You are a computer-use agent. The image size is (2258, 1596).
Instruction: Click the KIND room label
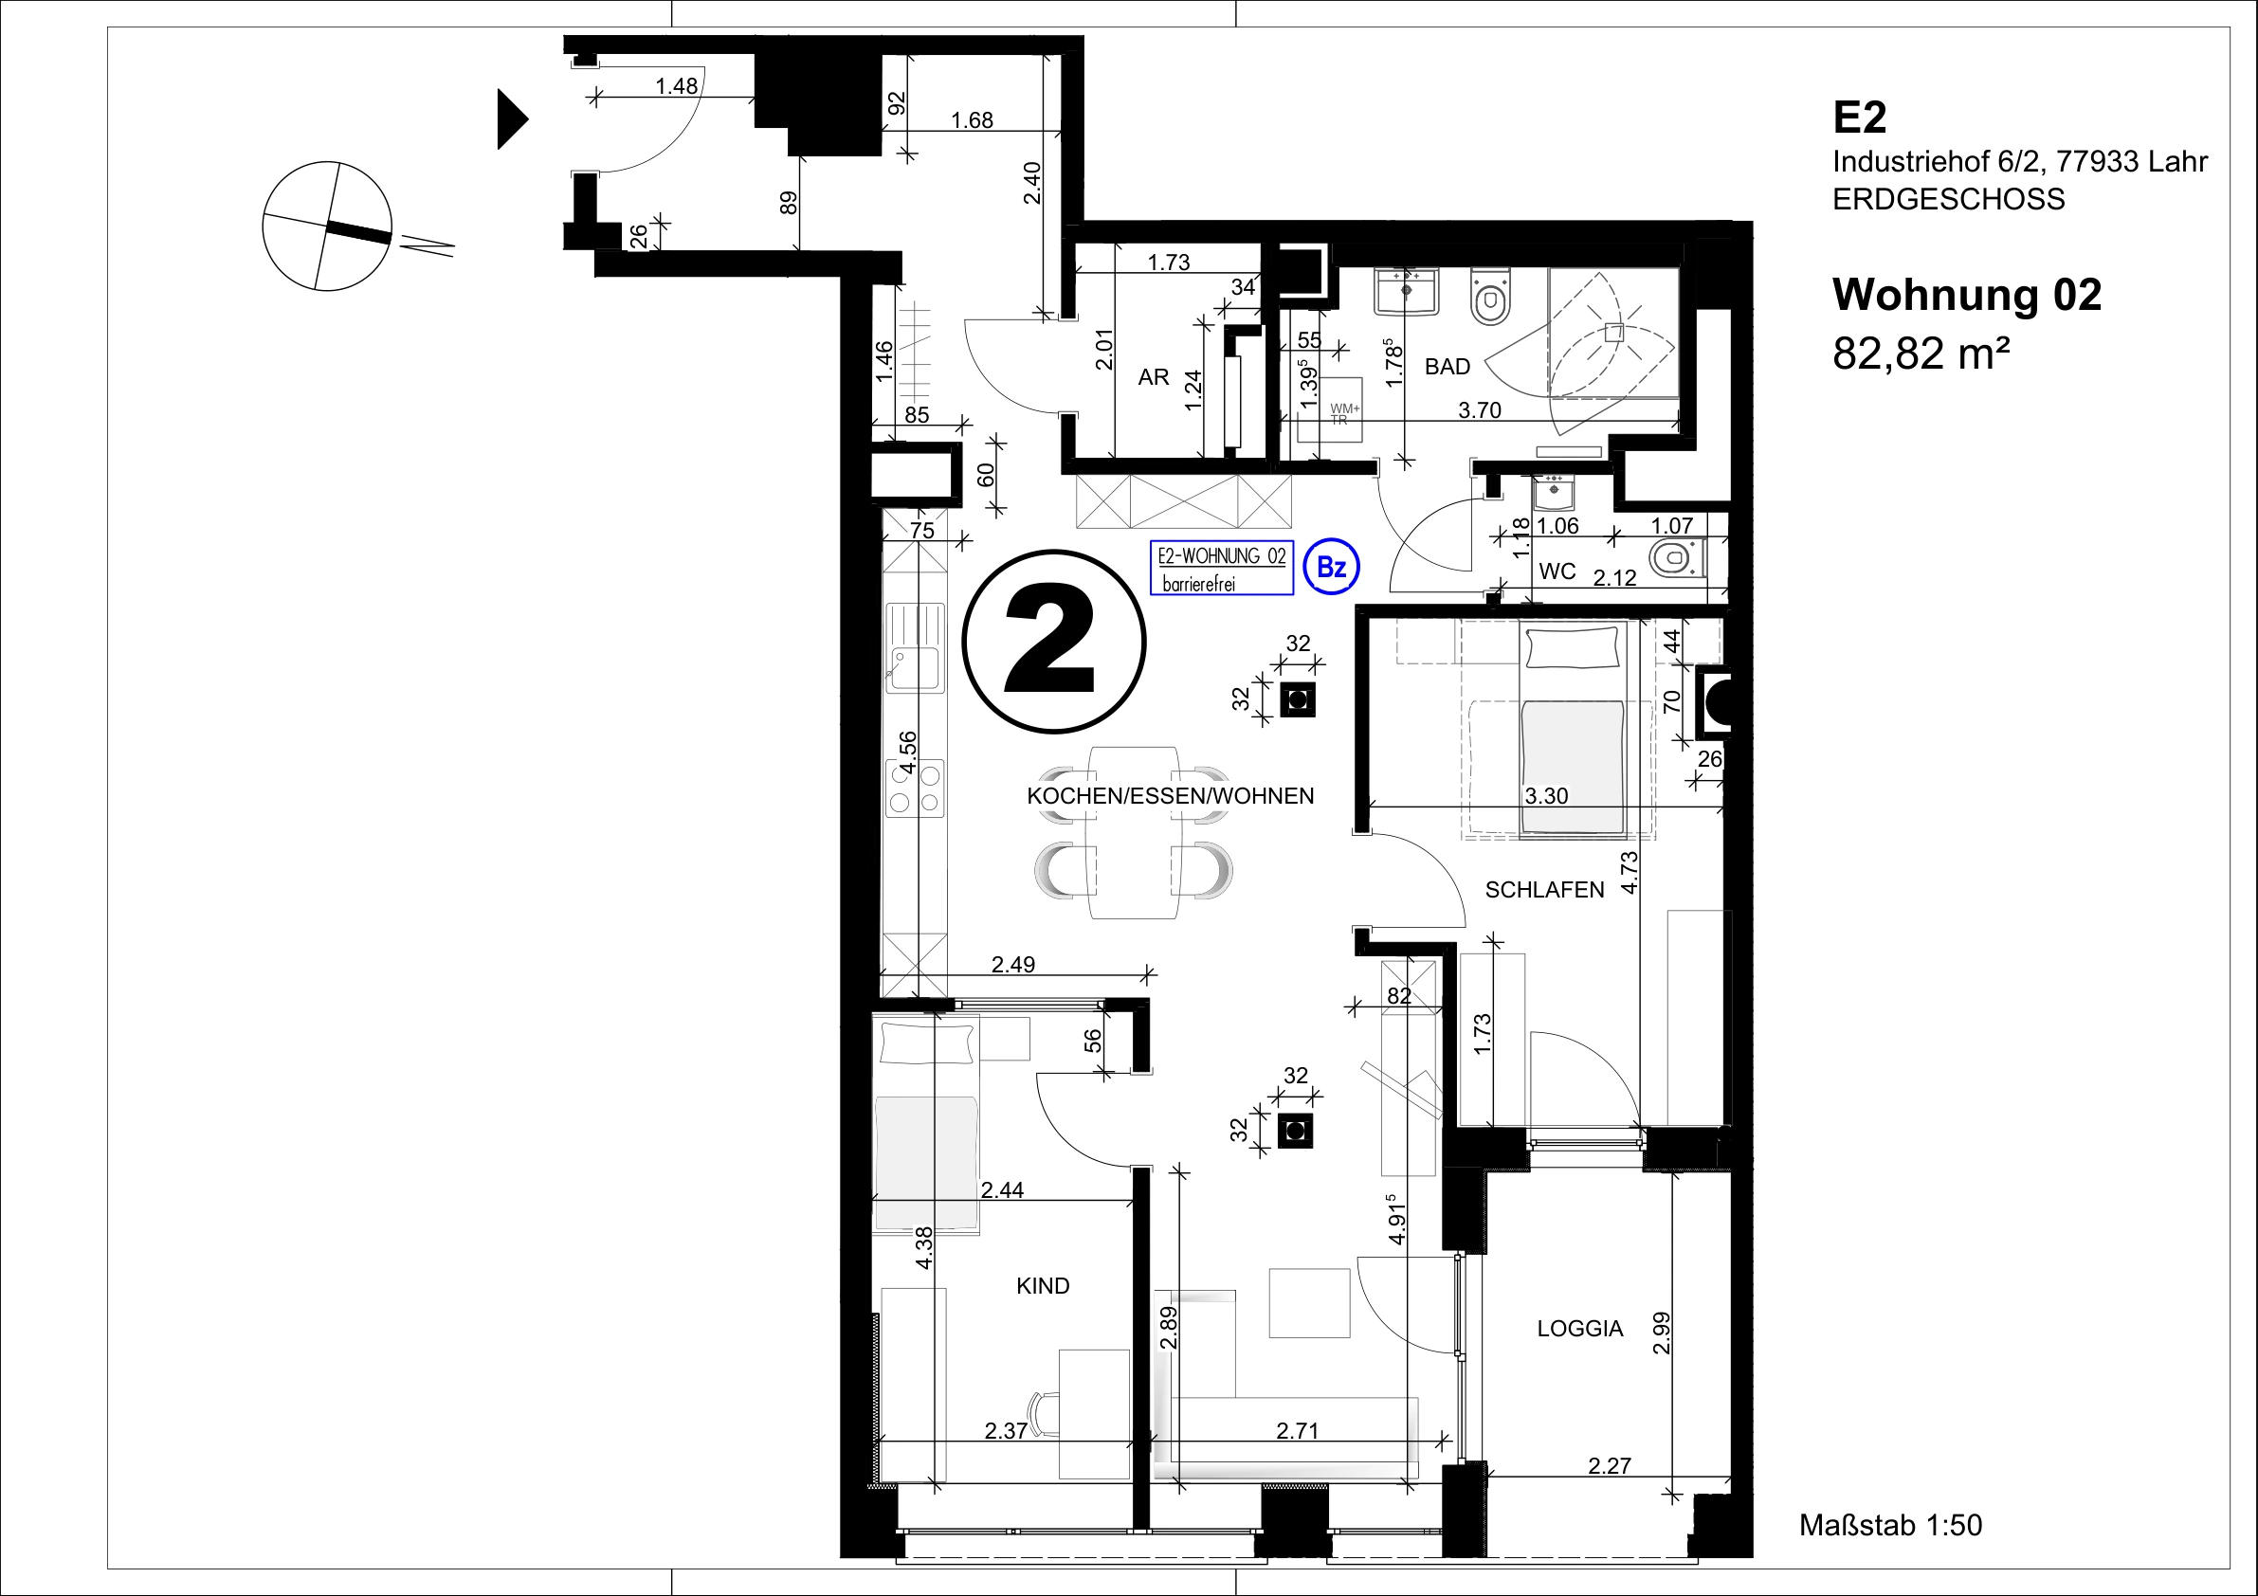click(x=1043, y=1285)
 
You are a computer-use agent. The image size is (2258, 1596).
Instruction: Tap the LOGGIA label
click(x=1579, y=1329)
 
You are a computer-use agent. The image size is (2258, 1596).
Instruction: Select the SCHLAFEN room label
click(x=1544, y=890)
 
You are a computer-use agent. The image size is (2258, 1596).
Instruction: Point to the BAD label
click(x=1448, y=367)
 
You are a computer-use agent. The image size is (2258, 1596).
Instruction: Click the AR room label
click(x=1154, y=376)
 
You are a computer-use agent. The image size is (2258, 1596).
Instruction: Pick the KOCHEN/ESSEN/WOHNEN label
click(x=1171, y=795)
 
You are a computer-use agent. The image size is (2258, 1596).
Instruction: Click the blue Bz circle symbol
click(x=1332, y=568)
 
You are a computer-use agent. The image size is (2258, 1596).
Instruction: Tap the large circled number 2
click(x=1053, y=642)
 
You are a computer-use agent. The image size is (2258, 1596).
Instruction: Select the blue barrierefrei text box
click(x=1222, y=569)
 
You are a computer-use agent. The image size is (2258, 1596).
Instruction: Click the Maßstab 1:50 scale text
click(x=1890, y=1525)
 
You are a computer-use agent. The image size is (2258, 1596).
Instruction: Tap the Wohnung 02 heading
click(x=1967, y=294)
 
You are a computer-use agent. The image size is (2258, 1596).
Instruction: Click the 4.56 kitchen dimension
click(x=908, y=753)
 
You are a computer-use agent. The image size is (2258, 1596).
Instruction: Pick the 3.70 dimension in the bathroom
click(x=1479, y=410)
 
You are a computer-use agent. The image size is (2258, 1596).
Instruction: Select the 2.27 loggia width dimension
click(x=1609, y=1466)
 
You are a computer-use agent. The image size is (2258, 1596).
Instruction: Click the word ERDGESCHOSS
click(x=1948, y=200)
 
